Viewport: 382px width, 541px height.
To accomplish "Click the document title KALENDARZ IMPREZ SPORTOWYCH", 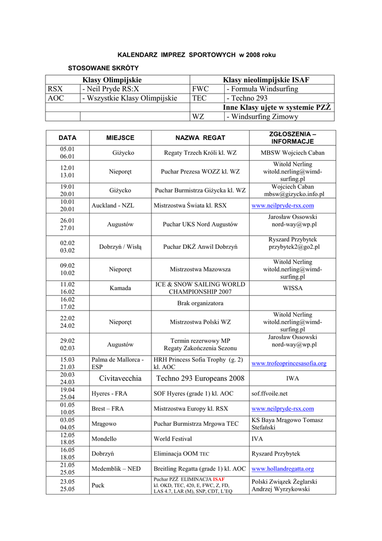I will pyautogui.click(x=196, y=55).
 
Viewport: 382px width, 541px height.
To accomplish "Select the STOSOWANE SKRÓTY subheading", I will pyautogui.click(x=103, y=68).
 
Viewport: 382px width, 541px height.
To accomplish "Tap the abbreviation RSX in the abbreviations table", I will pyautogui.click(x=55, y=89).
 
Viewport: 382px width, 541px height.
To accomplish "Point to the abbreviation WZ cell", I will pyautogui.click(x=198, y=116).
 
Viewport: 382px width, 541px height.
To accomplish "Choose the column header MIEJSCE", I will pyautogui.click(x=120, y=138).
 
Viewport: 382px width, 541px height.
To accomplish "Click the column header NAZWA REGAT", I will pyautogui.click(x=200, y=138).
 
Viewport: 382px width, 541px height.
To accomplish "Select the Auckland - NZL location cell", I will pyautogui.click(x=113, y=206).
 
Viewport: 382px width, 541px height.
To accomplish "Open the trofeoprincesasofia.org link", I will pyautogui.click(x=289, y=363).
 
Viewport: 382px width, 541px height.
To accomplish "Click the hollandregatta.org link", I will pyautogui.click(x=283, y=469).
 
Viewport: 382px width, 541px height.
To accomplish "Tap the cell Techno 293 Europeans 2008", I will pyautogui.click(x=200, y=378).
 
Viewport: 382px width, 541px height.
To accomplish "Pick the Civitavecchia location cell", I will pyautogui.click(x=120, y=378).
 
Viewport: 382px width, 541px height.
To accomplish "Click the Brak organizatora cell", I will pyautogui.click(x=200, y=303).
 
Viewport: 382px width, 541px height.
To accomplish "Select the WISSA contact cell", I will pyautogui.click(x=292, y=288).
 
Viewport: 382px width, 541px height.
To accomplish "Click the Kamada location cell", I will pyautogui.click(x=120, y=288).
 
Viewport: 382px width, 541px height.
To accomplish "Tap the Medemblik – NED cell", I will pyautogui.click(x=116, y=469).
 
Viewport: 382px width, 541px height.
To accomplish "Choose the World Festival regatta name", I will pyautogui.click(x=173, y=439).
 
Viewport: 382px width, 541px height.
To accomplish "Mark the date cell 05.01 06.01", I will pyautogui.click(x=67, y=153).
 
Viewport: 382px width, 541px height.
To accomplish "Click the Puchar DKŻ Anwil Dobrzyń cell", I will pyautogui.click(x=200, y=247).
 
